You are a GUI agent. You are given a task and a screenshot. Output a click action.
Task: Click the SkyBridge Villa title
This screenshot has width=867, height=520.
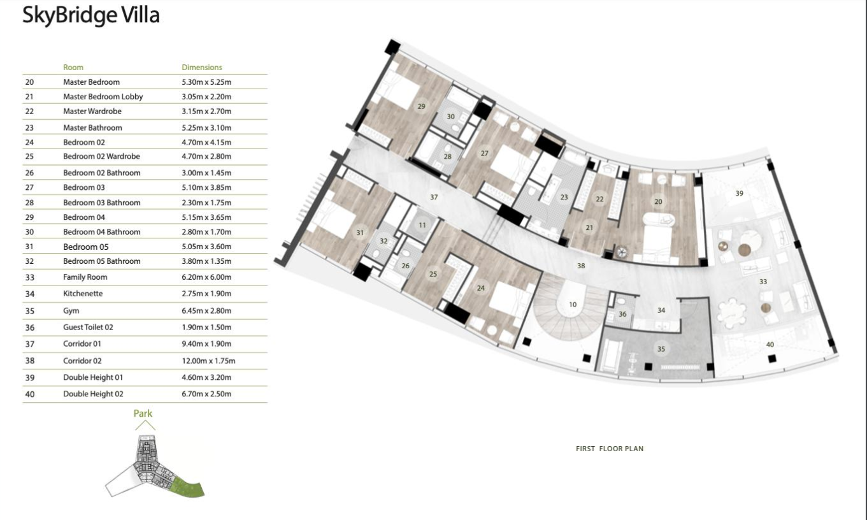click(x=90, y=16)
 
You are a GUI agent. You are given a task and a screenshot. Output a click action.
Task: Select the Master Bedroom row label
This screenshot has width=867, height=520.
click(x=91, y=82)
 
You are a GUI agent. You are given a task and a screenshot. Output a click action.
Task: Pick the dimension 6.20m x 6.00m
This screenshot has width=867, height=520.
click(x=206, y=277)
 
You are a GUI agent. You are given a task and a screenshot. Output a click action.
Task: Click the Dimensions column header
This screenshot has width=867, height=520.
click(x=201, y=68)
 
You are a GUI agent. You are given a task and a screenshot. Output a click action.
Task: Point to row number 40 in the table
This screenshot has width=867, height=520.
click(x=29, y=394)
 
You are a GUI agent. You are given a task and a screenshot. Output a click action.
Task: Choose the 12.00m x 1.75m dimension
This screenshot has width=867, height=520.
click(x=208, y=361)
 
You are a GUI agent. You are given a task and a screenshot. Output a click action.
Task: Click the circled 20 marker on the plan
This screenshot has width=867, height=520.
click(x=658, y=201)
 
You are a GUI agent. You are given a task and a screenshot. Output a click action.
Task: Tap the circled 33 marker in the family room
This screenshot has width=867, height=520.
click(x=763, y=281)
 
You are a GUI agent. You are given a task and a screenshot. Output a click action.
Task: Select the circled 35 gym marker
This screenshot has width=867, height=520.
click(x=661, y=349)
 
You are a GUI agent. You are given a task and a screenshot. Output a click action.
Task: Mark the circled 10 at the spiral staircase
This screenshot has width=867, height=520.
click(x=572, y=305)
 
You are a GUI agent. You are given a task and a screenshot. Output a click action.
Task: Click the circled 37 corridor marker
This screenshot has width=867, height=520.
click(x=434, y=197)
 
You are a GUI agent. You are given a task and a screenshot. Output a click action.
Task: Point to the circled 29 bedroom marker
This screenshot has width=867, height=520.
click(x=421, y=106)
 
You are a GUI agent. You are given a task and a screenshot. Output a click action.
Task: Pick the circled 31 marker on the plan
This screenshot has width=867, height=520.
click(x=360, y=233)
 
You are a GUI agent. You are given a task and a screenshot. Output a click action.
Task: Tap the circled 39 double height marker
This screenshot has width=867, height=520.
click(x=739, y=193)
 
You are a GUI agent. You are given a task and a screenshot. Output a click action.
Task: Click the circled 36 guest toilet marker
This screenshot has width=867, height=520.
click(x=622, y=314)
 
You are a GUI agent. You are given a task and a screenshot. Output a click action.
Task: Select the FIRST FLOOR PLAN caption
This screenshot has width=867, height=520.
click(x=609, y=449)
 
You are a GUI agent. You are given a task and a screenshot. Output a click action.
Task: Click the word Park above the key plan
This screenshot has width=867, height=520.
click(x=143, y=414)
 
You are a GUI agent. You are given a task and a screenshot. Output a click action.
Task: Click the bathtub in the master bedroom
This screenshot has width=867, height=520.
click(x=658, y=220)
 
